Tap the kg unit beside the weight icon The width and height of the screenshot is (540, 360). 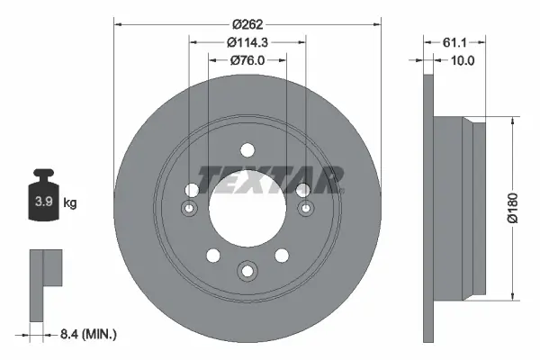(70, 203)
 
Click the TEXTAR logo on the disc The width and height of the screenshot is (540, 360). (270, 179)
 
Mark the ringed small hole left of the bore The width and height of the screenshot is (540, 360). (189, 210)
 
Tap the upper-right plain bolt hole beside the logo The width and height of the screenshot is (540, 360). (302, 189)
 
